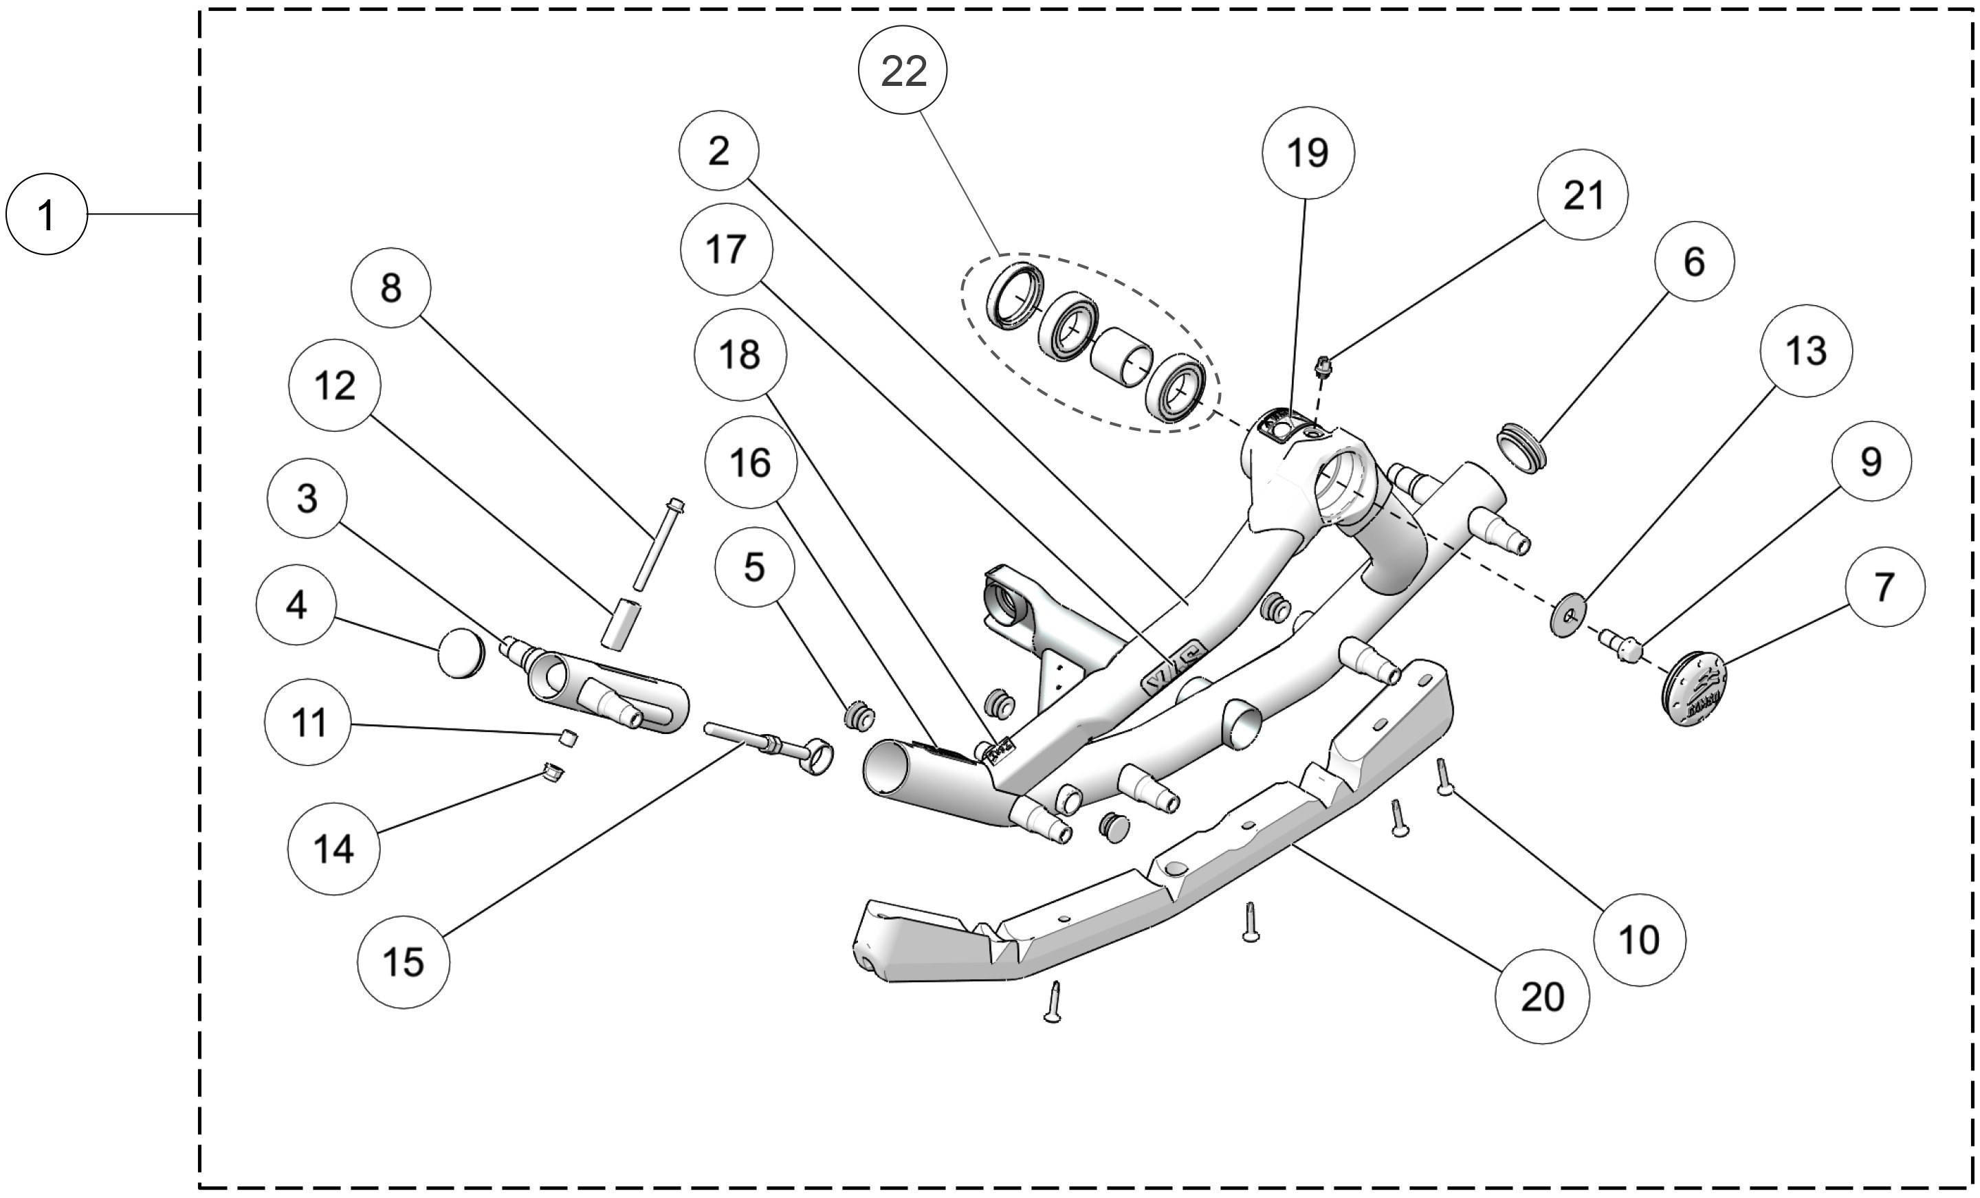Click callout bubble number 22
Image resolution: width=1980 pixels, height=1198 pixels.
click(903, 71)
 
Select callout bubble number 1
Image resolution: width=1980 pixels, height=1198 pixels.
click(46, 215)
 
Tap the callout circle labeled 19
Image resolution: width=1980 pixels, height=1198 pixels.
click(1308, 153)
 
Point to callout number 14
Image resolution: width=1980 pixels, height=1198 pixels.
click(333, 848)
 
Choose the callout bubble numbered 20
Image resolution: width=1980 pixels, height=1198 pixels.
click(1541, 997)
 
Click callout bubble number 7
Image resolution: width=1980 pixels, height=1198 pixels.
click(1884, 588)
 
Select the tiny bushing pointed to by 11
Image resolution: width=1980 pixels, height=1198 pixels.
click(567, 737)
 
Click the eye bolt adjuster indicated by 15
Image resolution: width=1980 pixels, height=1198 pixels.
click(771, 746)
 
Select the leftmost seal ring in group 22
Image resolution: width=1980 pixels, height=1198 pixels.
click(1015, 295)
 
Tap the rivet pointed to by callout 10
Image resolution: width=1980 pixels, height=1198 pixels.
click(1442, 776)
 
